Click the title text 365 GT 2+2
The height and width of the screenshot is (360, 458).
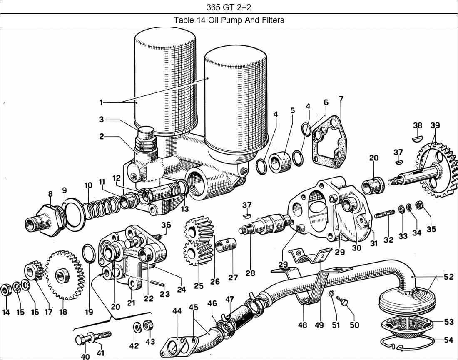coord(229,7)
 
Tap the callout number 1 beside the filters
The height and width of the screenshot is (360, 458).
coord(101,102)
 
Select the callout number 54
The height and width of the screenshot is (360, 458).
coord(448,340)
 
